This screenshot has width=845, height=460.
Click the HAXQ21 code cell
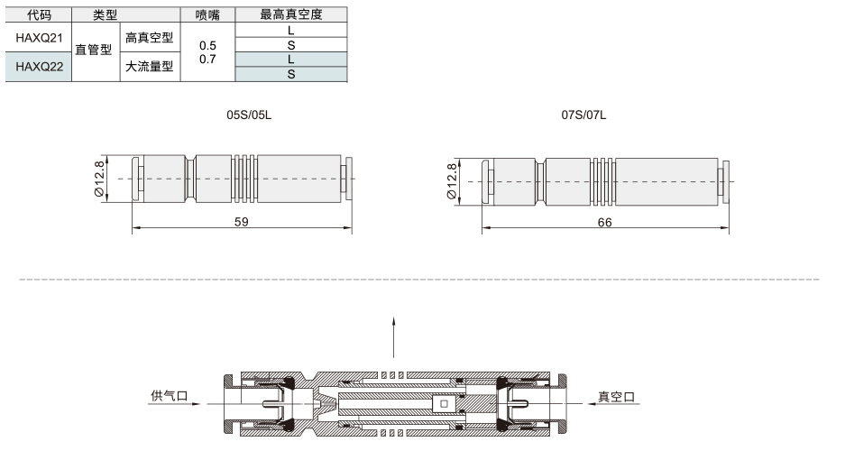coord(39,38)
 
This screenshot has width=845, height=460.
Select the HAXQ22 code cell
coord(39,67)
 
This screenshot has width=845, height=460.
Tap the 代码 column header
coord(39,14)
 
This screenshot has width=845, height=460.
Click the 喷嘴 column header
coord(207,14)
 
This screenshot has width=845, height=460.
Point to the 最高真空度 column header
coord(291,14)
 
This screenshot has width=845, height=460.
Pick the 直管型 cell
coord(93,50)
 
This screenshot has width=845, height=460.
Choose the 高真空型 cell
coord(150,37)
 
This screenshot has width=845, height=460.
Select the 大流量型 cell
coord(150,67)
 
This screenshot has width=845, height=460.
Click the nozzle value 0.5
coord(207,45)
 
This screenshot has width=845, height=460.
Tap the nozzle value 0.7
coord(207,59)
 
